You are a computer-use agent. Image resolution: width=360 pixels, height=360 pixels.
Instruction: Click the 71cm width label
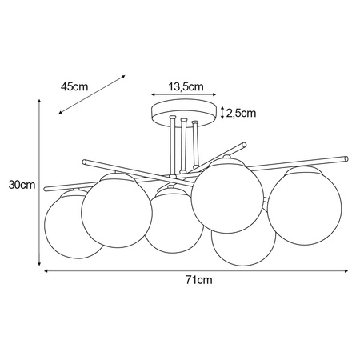(x=198, y=280)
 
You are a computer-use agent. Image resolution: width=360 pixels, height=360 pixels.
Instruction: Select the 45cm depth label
(x=74, y=86)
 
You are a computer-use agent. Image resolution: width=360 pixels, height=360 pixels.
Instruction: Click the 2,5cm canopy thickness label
(x=241, y=114)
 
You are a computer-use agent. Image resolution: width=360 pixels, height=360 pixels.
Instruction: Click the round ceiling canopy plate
(x=184, y=113)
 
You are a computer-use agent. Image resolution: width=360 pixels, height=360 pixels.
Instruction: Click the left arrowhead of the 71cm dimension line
(x=45, y=270)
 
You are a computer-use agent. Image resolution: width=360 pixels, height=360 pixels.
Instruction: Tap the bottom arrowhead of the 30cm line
(x=40, y=265)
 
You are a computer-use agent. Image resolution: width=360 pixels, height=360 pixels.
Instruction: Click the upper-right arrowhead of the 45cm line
(x=124, y=77)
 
